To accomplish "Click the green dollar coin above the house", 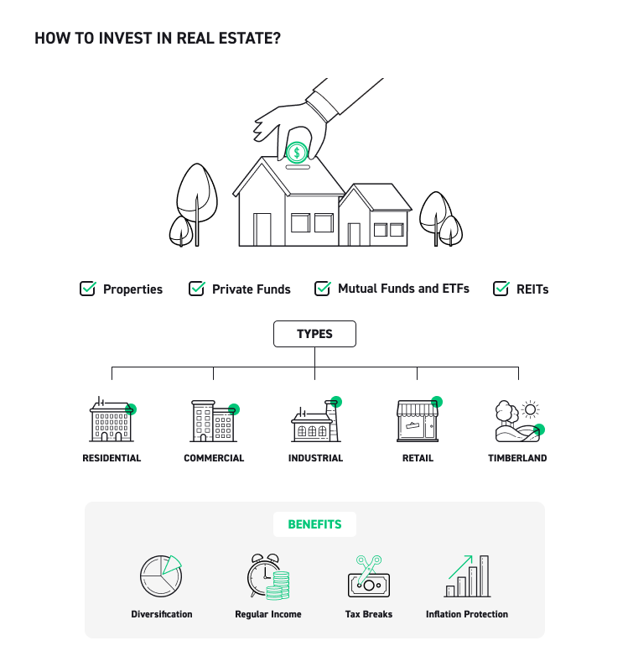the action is coord(297,153).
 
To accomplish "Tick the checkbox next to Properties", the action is coord(87,289).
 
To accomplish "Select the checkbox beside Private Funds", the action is coord(197,289).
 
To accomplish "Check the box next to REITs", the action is coord(501,289).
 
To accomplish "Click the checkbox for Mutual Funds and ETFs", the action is coord(323,289).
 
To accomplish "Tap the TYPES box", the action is coord(314,334).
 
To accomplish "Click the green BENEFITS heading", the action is coord(314,524).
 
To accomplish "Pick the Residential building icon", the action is coord(112,419).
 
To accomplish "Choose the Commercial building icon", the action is coord(214,421).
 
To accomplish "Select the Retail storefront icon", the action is coord(418,420).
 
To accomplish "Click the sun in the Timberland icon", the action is coord(530,409).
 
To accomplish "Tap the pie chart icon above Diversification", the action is coord(162,575).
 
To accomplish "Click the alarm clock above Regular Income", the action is coord(263,575).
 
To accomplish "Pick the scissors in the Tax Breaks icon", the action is coord(369,569).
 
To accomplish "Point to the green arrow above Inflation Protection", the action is coord(460,567).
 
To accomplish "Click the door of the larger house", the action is coord(262,229).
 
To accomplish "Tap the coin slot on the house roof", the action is coord(298,167).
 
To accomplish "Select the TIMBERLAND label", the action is coord(517,458).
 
